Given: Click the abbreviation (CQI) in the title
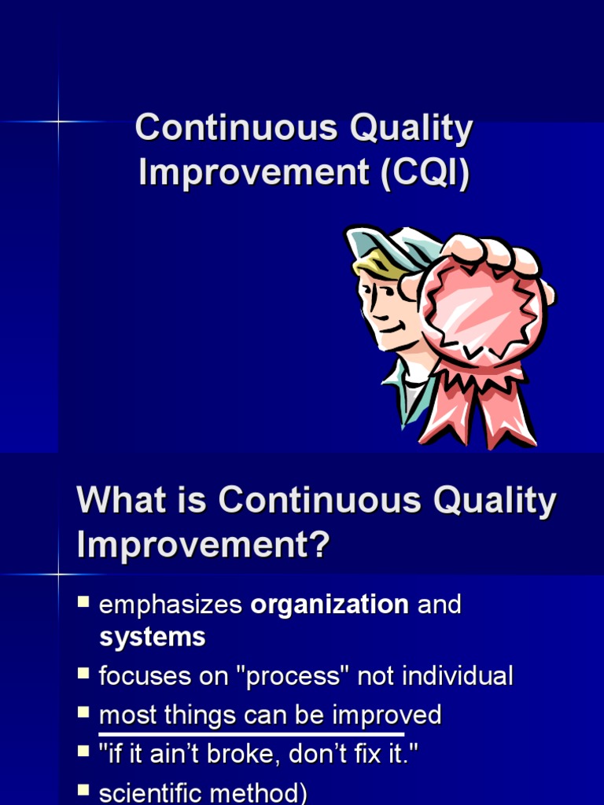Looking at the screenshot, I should pyautogui.click(x=425, y=172).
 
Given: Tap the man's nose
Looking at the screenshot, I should pyautogui.click(x=370, y=310).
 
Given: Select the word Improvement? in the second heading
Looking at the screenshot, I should pyautogui.click(x=202, y=545).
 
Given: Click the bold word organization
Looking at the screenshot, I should pyautogui.click(x=330, y=605).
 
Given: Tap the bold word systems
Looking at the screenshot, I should pyautogui.click(x=152, y=637).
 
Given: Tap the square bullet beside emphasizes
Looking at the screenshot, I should pyautogui.click(x=83, y=603).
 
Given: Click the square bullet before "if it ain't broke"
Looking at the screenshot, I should pyautogui.click(x=83, y=752).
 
